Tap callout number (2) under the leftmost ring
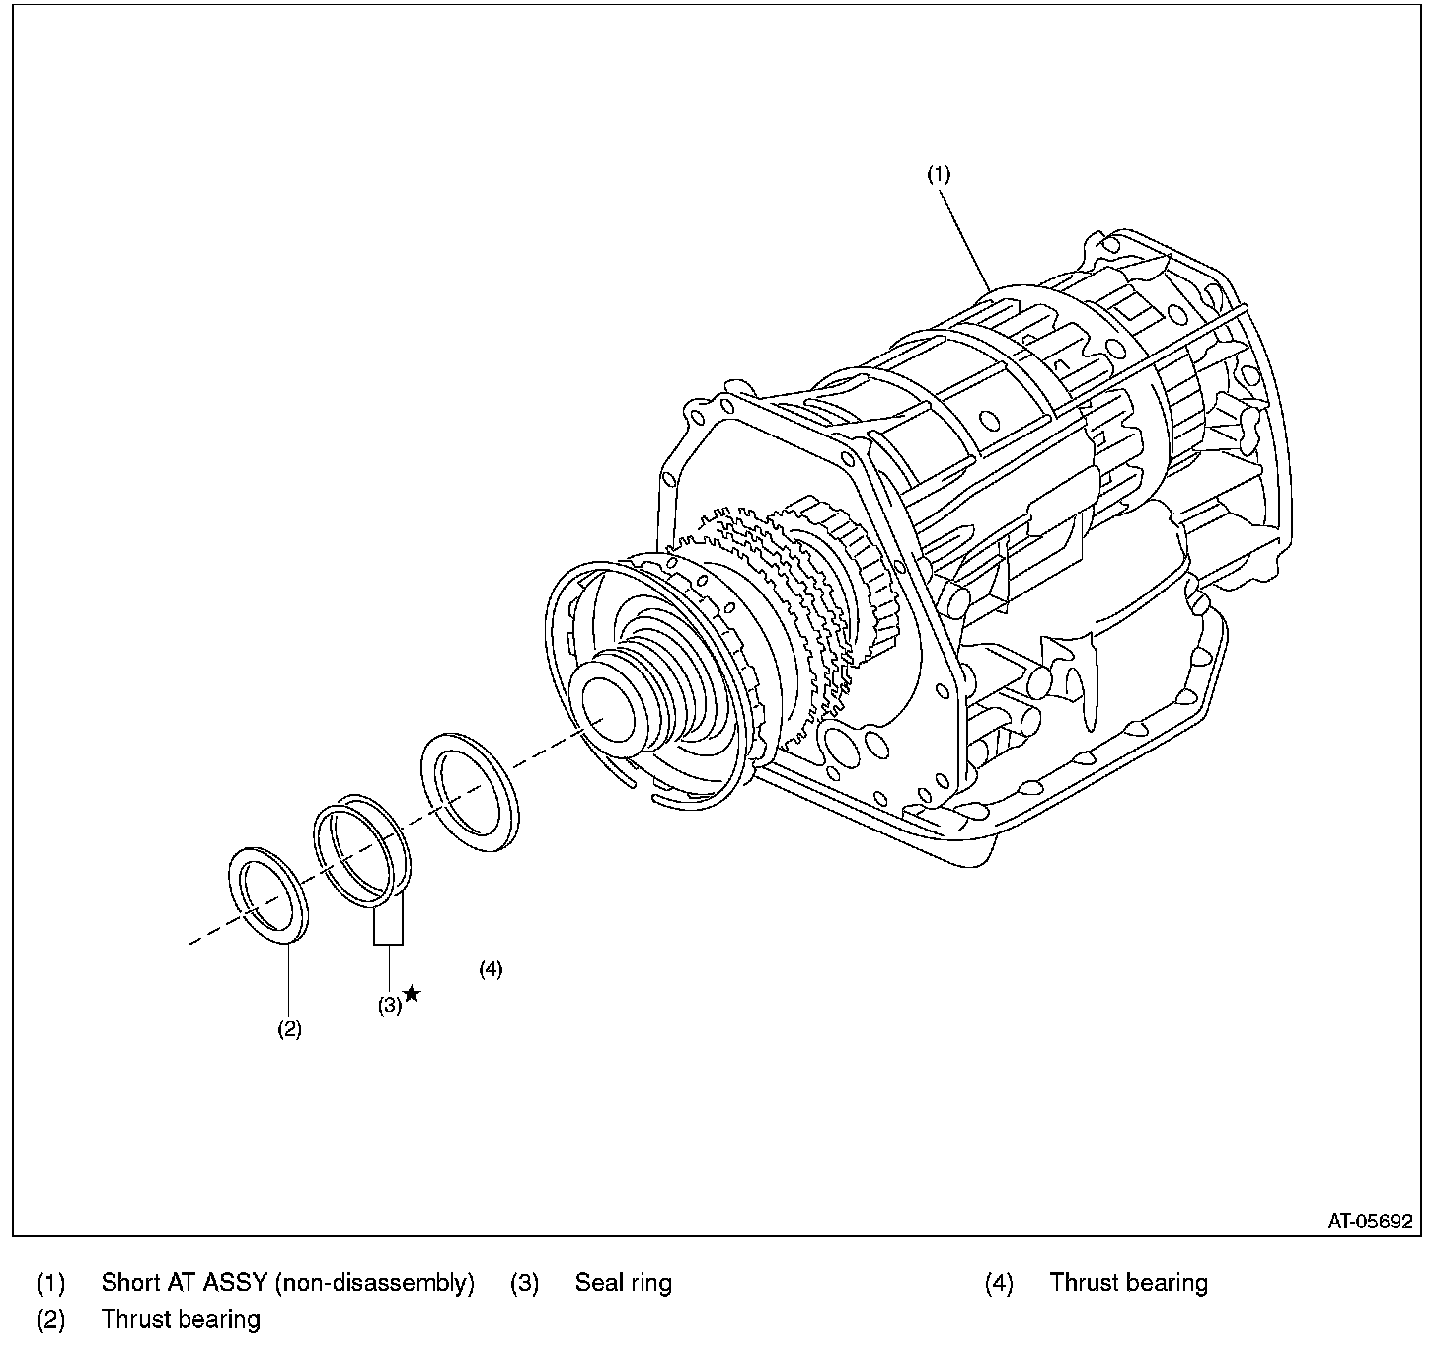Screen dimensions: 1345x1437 click(x=288, y=1028)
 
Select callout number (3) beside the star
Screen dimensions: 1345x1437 click(x=389, y=1005)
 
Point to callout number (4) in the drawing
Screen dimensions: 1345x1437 click(x=491, y=969)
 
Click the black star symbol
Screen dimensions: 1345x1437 click(x=412, y=994)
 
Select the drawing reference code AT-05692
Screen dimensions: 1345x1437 click(x=1369, y=1221)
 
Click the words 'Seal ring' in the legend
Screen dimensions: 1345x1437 click(x=623, y=1283)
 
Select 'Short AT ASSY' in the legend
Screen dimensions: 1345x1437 click(x=184, y=1283)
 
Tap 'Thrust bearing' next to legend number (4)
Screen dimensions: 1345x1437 click(x=1128, y=1283)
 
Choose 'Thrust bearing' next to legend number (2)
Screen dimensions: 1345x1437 click(x=181, y=1319)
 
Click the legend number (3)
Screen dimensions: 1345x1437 click(x=524, y=1283)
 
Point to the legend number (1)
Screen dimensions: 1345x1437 click(x=50, y=1283)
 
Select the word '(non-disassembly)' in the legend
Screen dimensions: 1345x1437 click(x=374, y=1283)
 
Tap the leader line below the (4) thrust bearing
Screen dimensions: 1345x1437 click(x=491, y=904)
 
